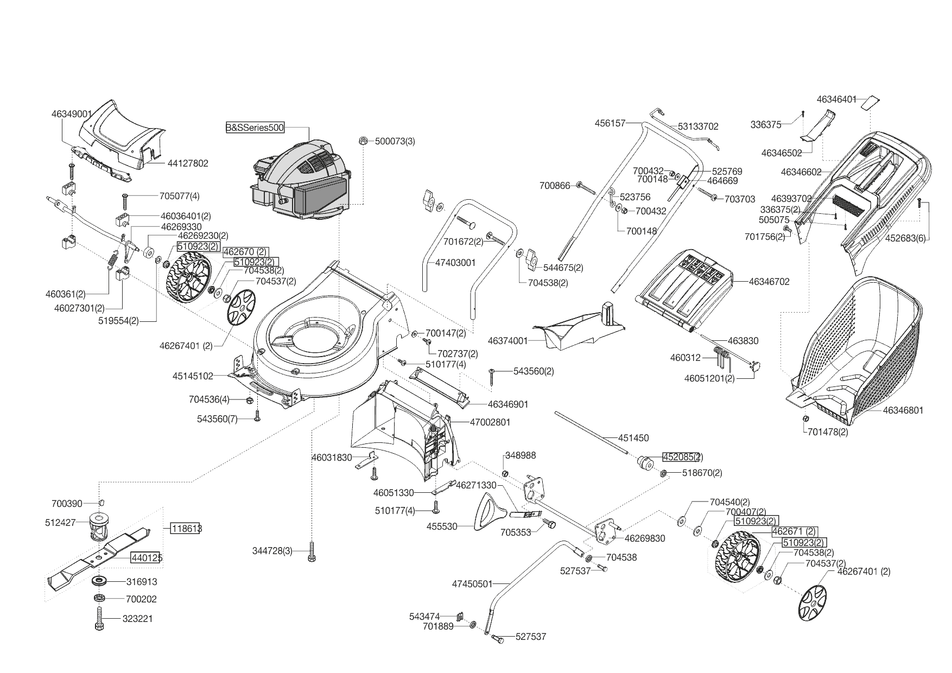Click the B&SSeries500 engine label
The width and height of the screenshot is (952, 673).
(255, 128)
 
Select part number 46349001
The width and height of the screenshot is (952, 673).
(72, 114)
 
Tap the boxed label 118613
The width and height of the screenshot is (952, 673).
(186, 528)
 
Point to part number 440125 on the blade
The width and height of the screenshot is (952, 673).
(146, 557)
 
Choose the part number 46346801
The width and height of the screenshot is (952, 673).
(903, 410)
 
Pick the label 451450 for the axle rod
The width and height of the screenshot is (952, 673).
(633, 437)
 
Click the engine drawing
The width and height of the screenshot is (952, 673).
(301, 179)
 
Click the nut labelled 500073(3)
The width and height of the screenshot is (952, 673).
(363, 141)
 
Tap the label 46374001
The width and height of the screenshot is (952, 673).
(507, 341)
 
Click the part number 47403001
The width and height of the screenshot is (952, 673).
(455, 263)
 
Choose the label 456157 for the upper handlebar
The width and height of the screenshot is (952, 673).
(610, 123)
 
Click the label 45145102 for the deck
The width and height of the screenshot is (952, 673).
(193, 376)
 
